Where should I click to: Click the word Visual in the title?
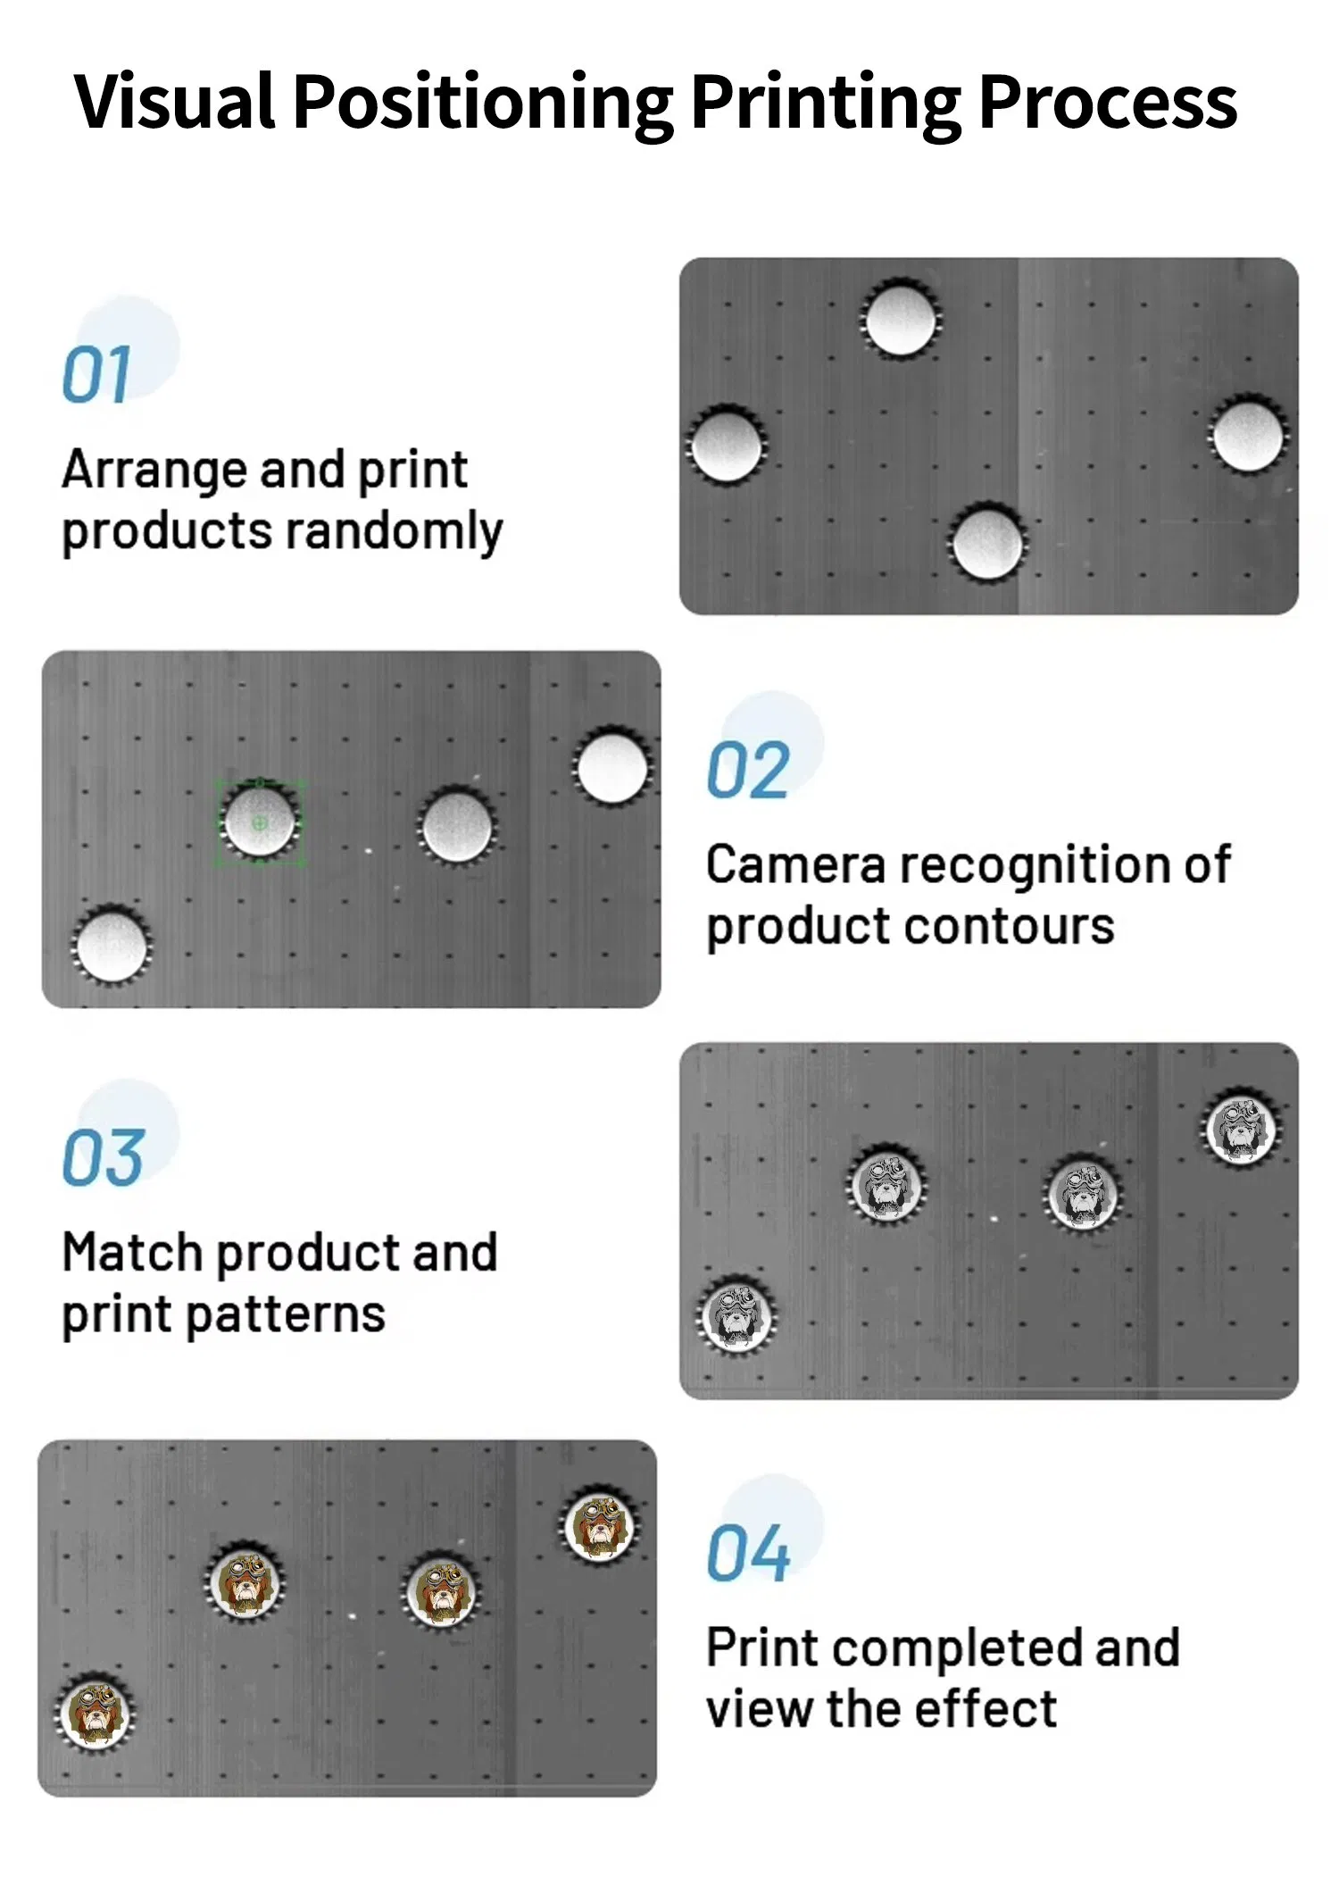[x=175, y=101]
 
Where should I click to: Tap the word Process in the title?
[x=1108, y=101]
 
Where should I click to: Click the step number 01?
[x=96, y=375]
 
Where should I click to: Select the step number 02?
[x=748, y=771]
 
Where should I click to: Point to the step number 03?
[x=104, y=1158]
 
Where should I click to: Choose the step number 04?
[x=748, y=1555]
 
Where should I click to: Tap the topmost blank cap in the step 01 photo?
[x=900, y=319]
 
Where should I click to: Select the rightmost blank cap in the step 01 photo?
[x=1248, y=435]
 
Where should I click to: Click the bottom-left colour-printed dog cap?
[x=94, y=1713]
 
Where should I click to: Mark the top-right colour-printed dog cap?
[x=600, y=1524]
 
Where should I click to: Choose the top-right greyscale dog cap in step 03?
[x=1241, y=1129]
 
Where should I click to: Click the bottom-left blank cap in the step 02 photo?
[x=112, y=945]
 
